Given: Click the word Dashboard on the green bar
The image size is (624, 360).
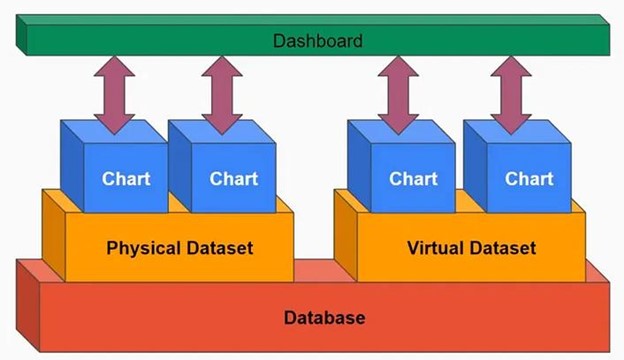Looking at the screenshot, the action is click(318, 41).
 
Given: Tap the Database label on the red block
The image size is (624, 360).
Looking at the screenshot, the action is click(324, 317).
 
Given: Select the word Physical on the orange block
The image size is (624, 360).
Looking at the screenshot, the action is click(144, 248).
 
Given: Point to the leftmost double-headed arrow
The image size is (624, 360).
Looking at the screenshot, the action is click(115, 95).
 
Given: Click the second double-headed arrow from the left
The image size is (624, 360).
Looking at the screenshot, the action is click(222, 95).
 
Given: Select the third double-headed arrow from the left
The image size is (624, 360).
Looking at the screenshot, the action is click(398, 95).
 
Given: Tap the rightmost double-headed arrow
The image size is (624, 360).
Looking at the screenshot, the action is click(511, 95).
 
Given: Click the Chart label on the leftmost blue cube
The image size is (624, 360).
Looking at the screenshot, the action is click(126, 179).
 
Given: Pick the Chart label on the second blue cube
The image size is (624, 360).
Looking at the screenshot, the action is click(234, 179).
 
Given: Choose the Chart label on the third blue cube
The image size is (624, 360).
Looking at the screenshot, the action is click(413, 179).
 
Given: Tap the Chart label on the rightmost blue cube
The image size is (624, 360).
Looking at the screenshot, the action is click(529, 179).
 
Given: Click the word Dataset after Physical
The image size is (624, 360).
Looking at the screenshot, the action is click(220, 248).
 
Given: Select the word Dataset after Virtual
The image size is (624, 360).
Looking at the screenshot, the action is click(503, 248).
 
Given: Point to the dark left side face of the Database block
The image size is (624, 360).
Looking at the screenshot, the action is click(28, 306).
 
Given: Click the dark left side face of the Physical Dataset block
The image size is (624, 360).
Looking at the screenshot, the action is click(54, 235).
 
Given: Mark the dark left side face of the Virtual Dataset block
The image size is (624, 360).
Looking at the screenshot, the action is click(346, 235).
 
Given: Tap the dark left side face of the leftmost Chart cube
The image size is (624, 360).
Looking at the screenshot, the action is click(72, 166).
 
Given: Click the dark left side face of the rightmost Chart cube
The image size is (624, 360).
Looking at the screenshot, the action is click(476, 166).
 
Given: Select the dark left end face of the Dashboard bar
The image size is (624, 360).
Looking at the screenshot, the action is click(21, 35).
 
